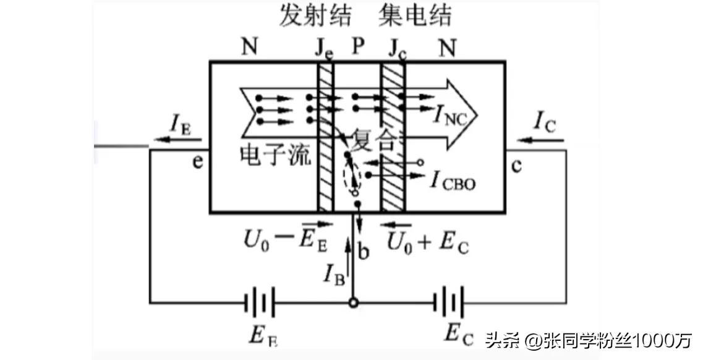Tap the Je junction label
(x=324, y=49)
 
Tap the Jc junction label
(x=398, y=49)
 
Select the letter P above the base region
(x=359, y=46)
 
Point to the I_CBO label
(x=454, y=182)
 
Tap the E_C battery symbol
(x=449, y=303)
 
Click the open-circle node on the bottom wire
(x=353, y=303)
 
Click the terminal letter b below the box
(x=365, y=252)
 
